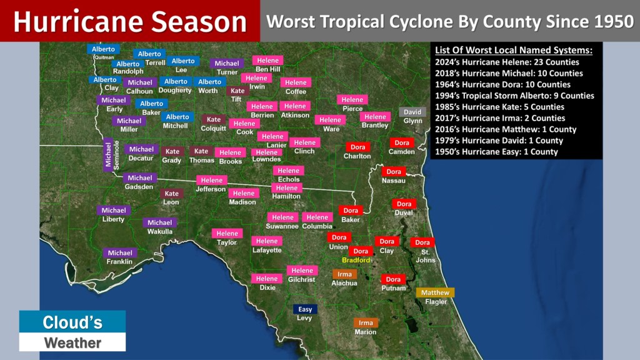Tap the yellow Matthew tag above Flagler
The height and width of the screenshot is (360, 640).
[435, 292]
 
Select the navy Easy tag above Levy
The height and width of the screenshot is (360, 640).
[305, 309]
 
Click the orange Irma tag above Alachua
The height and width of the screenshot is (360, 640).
[344, 274]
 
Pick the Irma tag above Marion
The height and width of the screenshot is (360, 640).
[366, 323]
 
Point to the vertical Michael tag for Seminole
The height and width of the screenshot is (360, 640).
[107, 155]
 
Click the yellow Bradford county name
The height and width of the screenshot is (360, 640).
[356, 260]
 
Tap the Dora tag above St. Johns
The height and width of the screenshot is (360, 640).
[422, 242]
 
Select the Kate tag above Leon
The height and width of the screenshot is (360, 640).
[171, 194]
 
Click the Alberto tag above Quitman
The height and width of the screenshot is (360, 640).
[103, 49]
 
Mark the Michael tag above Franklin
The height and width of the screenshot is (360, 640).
[119, 253]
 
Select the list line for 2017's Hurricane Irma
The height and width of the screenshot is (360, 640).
[500, 118]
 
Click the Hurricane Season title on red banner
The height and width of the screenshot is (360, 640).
[130, 22]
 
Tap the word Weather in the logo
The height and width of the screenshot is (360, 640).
[72, 342]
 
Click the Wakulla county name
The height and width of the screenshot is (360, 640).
[159, 232]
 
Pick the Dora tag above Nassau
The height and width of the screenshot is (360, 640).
[394, 172]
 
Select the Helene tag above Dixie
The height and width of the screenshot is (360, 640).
[267, 279]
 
